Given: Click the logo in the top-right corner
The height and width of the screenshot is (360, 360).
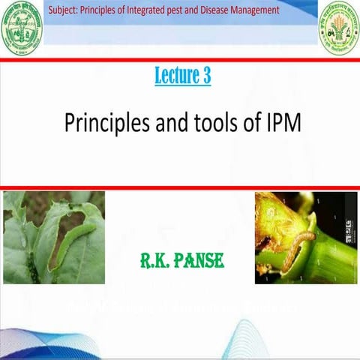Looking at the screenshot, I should pos(339,28).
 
